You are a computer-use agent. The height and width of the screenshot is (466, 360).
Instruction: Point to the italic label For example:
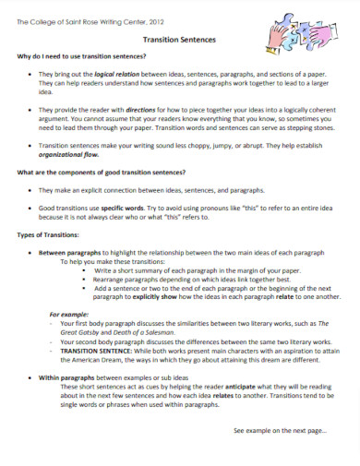click(x=71, y=315)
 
